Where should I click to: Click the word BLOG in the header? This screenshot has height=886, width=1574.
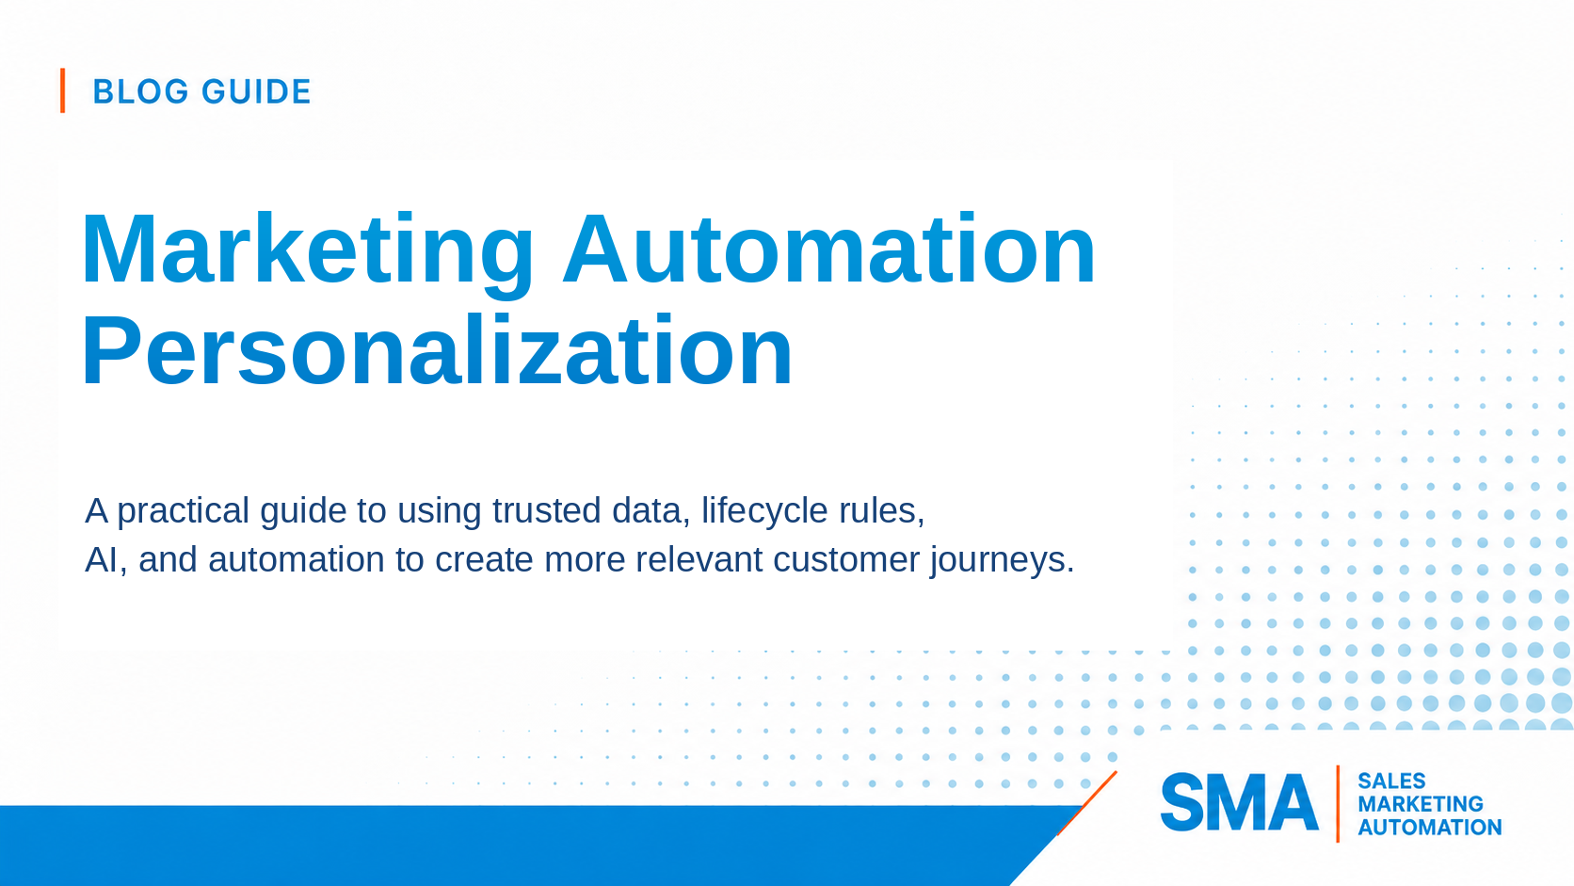click(x=140, y=91)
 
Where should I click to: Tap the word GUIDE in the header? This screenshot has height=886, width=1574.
click(x=256, y=91)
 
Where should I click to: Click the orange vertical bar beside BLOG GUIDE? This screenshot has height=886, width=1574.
click(x=62, y=90)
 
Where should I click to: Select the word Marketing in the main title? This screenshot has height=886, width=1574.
click(x=308, y=251)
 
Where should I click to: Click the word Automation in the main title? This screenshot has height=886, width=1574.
click(x=829, y=250)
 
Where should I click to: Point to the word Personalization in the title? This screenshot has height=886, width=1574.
click(x=437, y=350)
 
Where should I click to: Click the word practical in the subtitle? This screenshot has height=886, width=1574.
click(x=184, y=511)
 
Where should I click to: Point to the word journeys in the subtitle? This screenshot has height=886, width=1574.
click(x=1002, y=561)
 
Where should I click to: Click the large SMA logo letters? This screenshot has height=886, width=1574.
click(x=1240, y=802)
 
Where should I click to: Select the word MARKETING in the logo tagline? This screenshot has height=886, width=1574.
click(x=1421, y=804)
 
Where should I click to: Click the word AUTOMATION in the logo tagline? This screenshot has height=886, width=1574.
click(x=1429, y=827)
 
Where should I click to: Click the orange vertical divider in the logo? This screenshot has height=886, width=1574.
click(x=1337, y=804)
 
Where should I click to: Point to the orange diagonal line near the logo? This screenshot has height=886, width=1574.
click(x=1086, y=804)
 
